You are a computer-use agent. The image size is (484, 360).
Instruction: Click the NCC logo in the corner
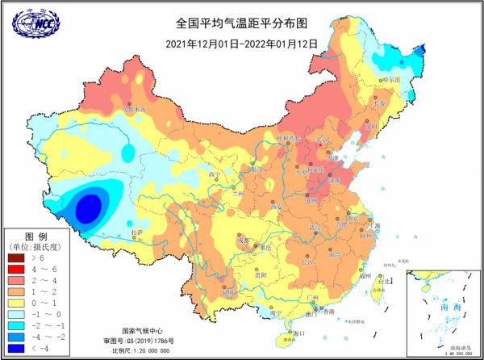click(31, 25)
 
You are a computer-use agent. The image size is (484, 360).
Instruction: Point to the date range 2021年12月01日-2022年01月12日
click(241, 43)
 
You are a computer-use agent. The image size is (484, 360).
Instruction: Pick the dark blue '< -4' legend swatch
click(16, 348)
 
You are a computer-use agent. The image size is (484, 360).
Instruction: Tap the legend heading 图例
click(33, 234)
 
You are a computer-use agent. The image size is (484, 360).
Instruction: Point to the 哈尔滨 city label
click(390, 80)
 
